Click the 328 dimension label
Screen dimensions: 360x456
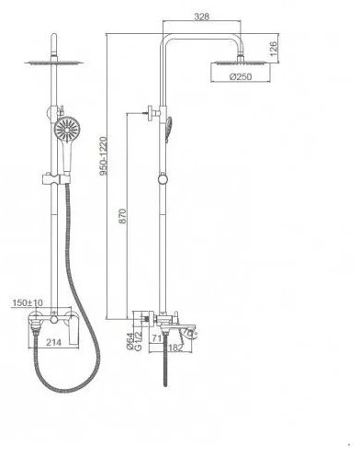click(x=202, y=17)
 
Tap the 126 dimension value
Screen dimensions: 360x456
click(x=273, y=48)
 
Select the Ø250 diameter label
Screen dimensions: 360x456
click(x=241, y=76)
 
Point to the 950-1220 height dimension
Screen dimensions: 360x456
click(x=104, y=156)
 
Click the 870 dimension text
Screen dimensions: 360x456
click(x=122, y=216)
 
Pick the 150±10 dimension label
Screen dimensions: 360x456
click(x=28, y=302)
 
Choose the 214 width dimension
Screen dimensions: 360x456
click(x=53, y=342)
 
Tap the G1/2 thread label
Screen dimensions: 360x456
click(x=138, y=341)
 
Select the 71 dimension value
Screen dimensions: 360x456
click(x=156, y=338)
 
